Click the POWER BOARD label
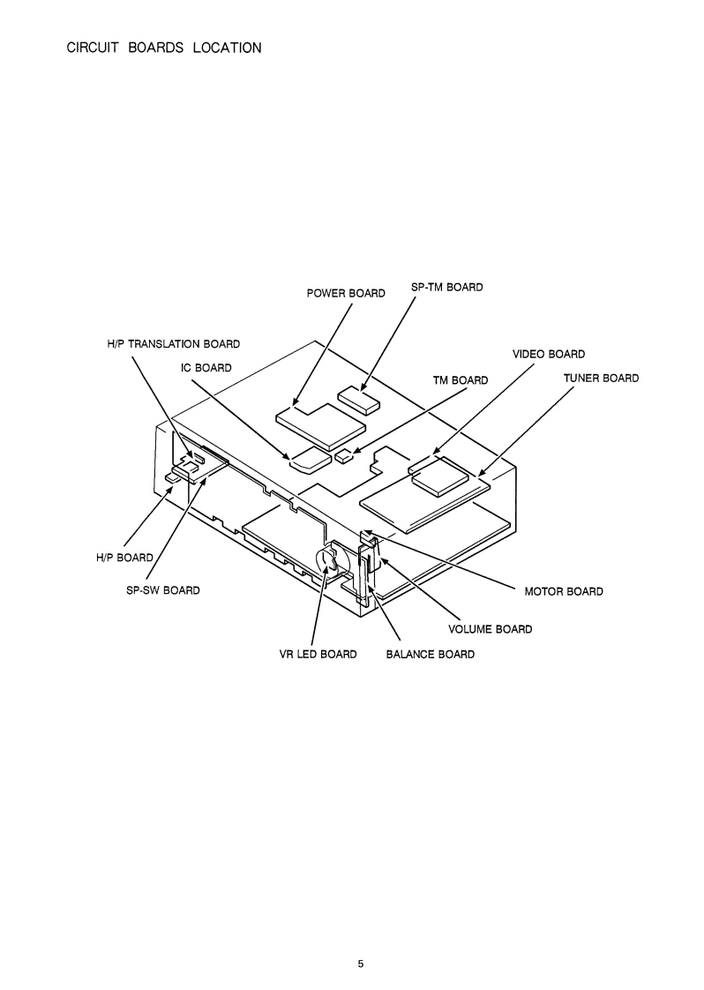point(346,293)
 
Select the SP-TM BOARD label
point(447,287)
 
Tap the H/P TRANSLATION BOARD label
point(168,343)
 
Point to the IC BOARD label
point(206,367)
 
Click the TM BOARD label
point(460,380)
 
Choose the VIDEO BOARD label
point(549,354)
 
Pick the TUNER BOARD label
point(601,378)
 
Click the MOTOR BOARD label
point(564,591)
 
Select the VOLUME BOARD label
point(491,629)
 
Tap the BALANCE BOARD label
point(431,654)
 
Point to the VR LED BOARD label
point(312,654)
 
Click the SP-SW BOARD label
point(163,590)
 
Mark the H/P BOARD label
point(124,558)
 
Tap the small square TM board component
point(344,456)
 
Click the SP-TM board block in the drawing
point(358,400)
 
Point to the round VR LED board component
point(326,562)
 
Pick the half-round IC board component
point(308,460)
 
